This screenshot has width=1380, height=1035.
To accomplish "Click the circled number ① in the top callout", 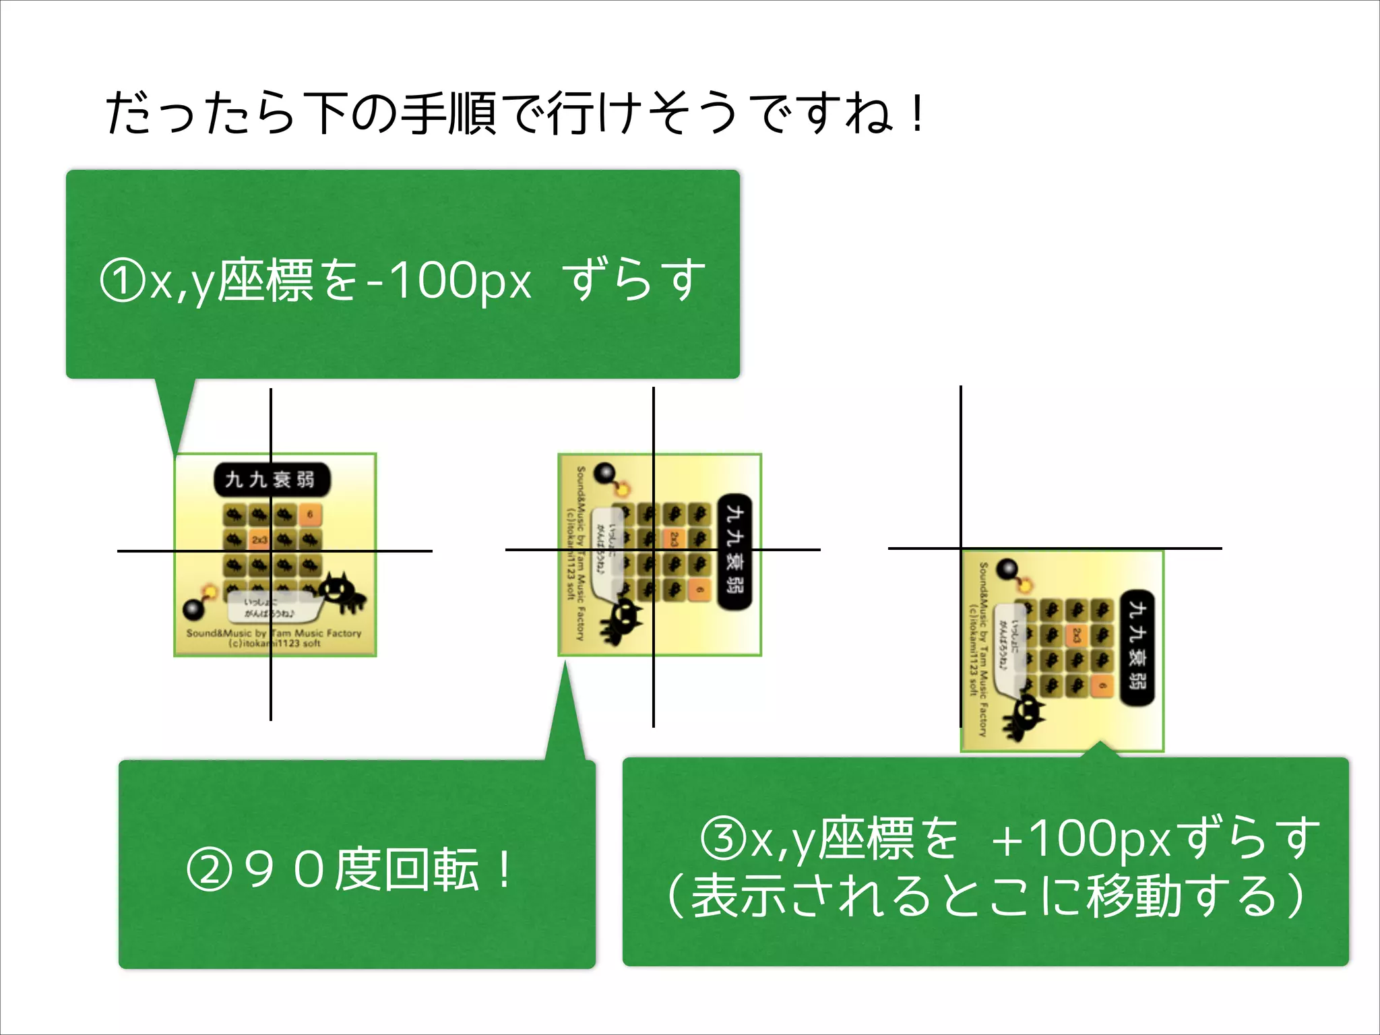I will click(122, 282).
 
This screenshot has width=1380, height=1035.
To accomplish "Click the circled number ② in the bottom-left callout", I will click(209, 870).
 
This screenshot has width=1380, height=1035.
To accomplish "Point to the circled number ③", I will click(724, 840).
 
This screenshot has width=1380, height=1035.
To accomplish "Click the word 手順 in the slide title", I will click(449, 113).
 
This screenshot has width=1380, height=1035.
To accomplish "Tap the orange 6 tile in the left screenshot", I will click(310, 514).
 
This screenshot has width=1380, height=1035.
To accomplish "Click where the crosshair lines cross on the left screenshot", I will click(271, 551).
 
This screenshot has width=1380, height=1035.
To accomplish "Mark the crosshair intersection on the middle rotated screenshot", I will click(653, 550).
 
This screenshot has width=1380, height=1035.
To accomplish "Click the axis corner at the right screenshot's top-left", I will click(961, 548).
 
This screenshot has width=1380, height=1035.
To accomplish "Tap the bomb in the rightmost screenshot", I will click(1008, 570).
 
